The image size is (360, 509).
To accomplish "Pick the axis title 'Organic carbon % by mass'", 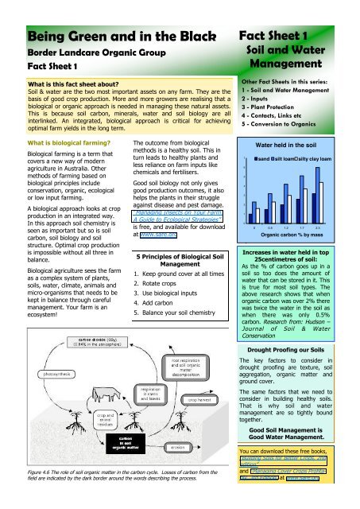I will point(298,212).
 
